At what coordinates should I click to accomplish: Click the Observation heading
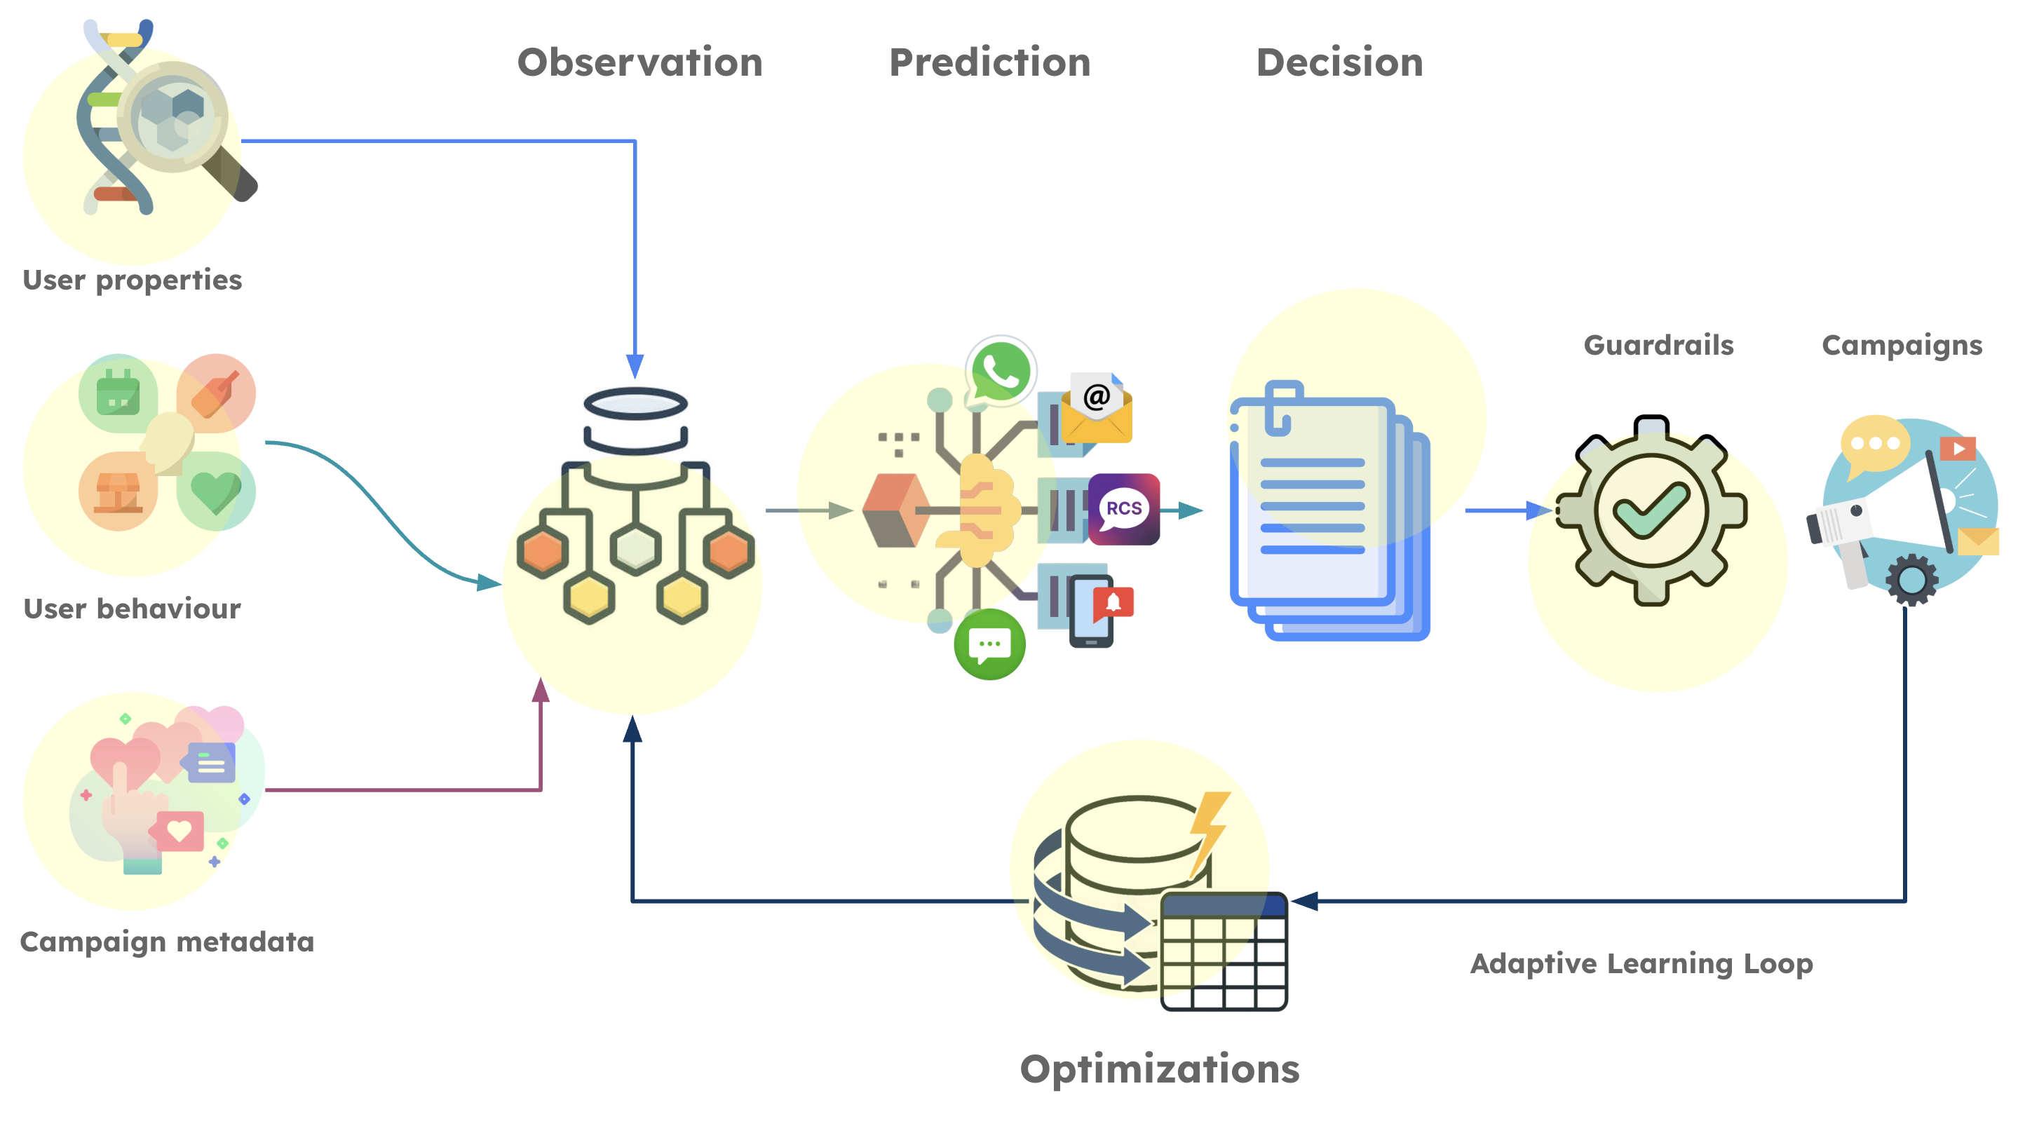(639, 62)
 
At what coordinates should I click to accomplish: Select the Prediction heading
(989, 62)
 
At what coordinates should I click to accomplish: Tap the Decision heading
(1339, 62)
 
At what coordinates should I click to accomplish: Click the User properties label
(133, 280)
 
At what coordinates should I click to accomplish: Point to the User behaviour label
(133, 609)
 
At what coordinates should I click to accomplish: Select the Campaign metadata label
(167, 942)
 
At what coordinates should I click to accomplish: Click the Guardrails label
(1658, 345)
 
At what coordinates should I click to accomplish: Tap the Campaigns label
(1902, 345)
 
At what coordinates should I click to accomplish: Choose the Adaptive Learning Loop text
(1641, 963)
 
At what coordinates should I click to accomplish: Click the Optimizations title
(1160, 1069)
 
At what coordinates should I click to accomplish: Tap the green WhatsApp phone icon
(1001, 372)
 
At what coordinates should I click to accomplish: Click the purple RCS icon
(1123, 508)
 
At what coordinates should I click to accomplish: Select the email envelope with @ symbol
(1096, 409)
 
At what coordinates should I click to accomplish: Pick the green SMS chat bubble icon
(989, 644)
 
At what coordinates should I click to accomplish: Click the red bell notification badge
(1113, 602)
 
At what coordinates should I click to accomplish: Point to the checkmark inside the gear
(1651, 511)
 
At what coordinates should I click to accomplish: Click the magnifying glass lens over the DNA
(173, 116)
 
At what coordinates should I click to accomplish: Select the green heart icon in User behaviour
(216, 491)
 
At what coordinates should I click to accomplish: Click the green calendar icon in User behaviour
(118, 393)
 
